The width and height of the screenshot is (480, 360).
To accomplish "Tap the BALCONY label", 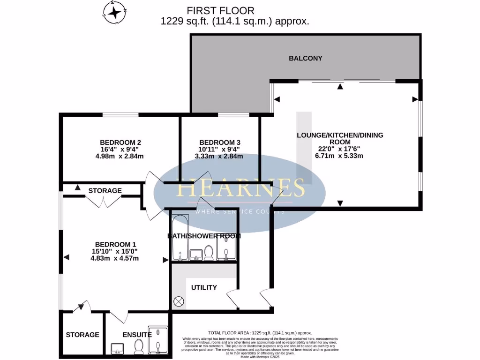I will tap(305, 58).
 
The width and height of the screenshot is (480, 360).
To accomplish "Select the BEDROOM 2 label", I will tap(120, 142).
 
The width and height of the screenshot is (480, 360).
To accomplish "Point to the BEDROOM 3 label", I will tap(220, 142).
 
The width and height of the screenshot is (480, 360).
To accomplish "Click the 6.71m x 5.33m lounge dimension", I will tap(340, 156).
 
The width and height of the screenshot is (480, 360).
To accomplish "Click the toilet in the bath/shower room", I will tap(209, 254).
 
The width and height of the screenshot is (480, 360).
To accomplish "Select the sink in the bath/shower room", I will tap(195, 255).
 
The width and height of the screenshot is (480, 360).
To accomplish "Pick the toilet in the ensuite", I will tap(138, 347).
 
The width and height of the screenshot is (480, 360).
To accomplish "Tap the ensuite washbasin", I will tap(118, 349).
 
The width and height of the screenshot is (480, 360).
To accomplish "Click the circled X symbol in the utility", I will tap(178, 301).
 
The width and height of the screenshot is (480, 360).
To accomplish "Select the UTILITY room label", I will tap(204, 287).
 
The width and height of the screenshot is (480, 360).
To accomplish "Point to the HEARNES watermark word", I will tap(240, 188).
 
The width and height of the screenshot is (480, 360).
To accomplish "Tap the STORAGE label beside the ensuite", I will tap(82, 335).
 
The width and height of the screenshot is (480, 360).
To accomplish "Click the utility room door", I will tap(232, 299).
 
